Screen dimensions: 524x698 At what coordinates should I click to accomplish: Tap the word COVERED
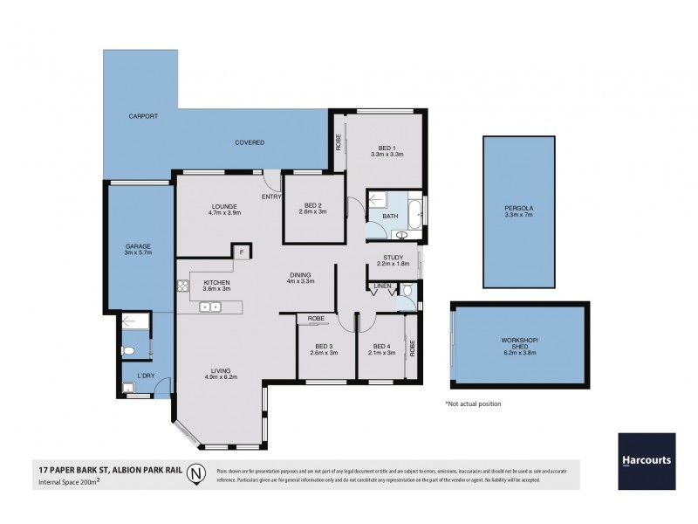pyautogui.click(x=250, y=142)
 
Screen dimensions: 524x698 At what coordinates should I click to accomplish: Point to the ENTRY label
pyautogui.click(x=271, y=196)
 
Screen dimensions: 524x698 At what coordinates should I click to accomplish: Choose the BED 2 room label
pyautogui.click(x=311, y=207)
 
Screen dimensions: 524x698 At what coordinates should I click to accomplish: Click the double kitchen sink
pyautogui.click(x=210, y=307)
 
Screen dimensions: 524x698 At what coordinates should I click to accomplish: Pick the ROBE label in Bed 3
pyautogui.click(x=316, y=319)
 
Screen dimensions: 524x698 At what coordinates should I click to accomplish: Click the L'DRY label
pyautogui.click(x=146, y=377)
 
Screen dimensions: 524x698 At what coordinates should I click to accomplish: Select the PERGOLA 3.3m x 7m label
pyautogui.click(x=517, y=211)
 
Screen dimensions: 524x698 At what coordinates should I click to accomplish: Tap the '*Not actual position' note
pyautogui.click(x=473, y=404)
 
